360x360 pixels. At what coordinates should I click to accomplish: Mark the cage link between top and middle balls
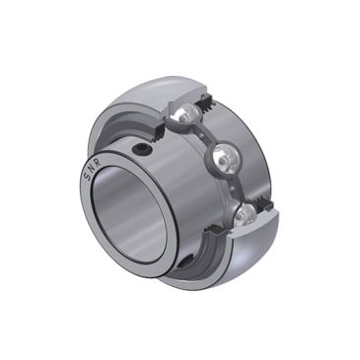point(206,136)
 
